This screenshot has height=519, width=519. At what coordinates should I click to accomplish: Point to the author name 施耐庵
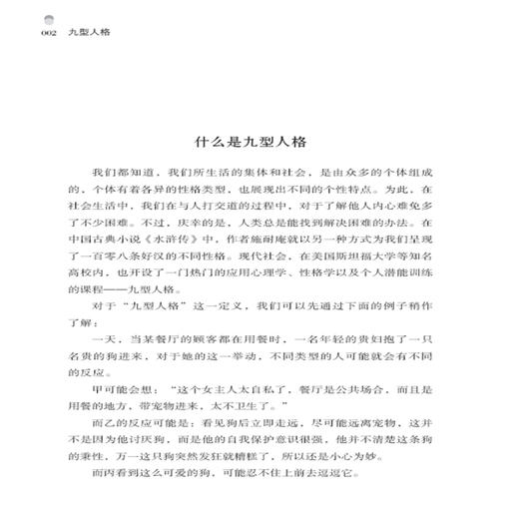(262, 240)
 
